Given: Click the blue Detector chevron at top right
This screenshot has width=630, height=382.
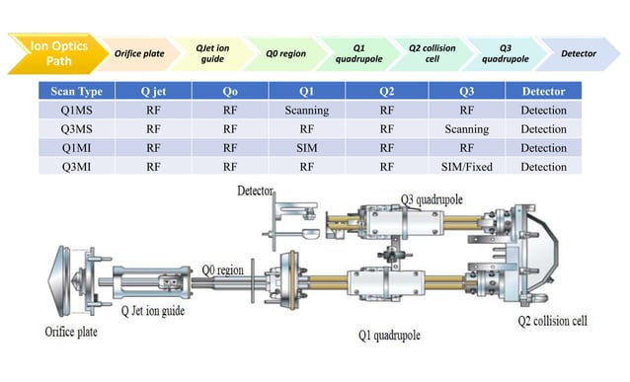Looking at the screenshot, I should [578, 52].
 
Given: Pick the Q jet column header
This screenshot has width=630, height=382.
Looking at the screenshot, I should [152, 91].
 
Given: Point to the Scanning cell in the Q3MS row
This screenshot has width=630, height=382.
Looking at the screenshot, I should [466, 128].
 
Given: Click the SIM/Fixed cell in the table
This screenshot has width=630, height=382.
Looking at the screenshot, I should [466, 166].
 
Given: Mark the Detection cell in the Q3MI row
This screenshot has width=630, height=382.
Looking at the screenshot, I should [543, 166].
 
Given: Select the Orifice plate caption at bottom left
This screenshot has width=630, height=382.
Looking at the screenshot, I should [67, 330].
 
